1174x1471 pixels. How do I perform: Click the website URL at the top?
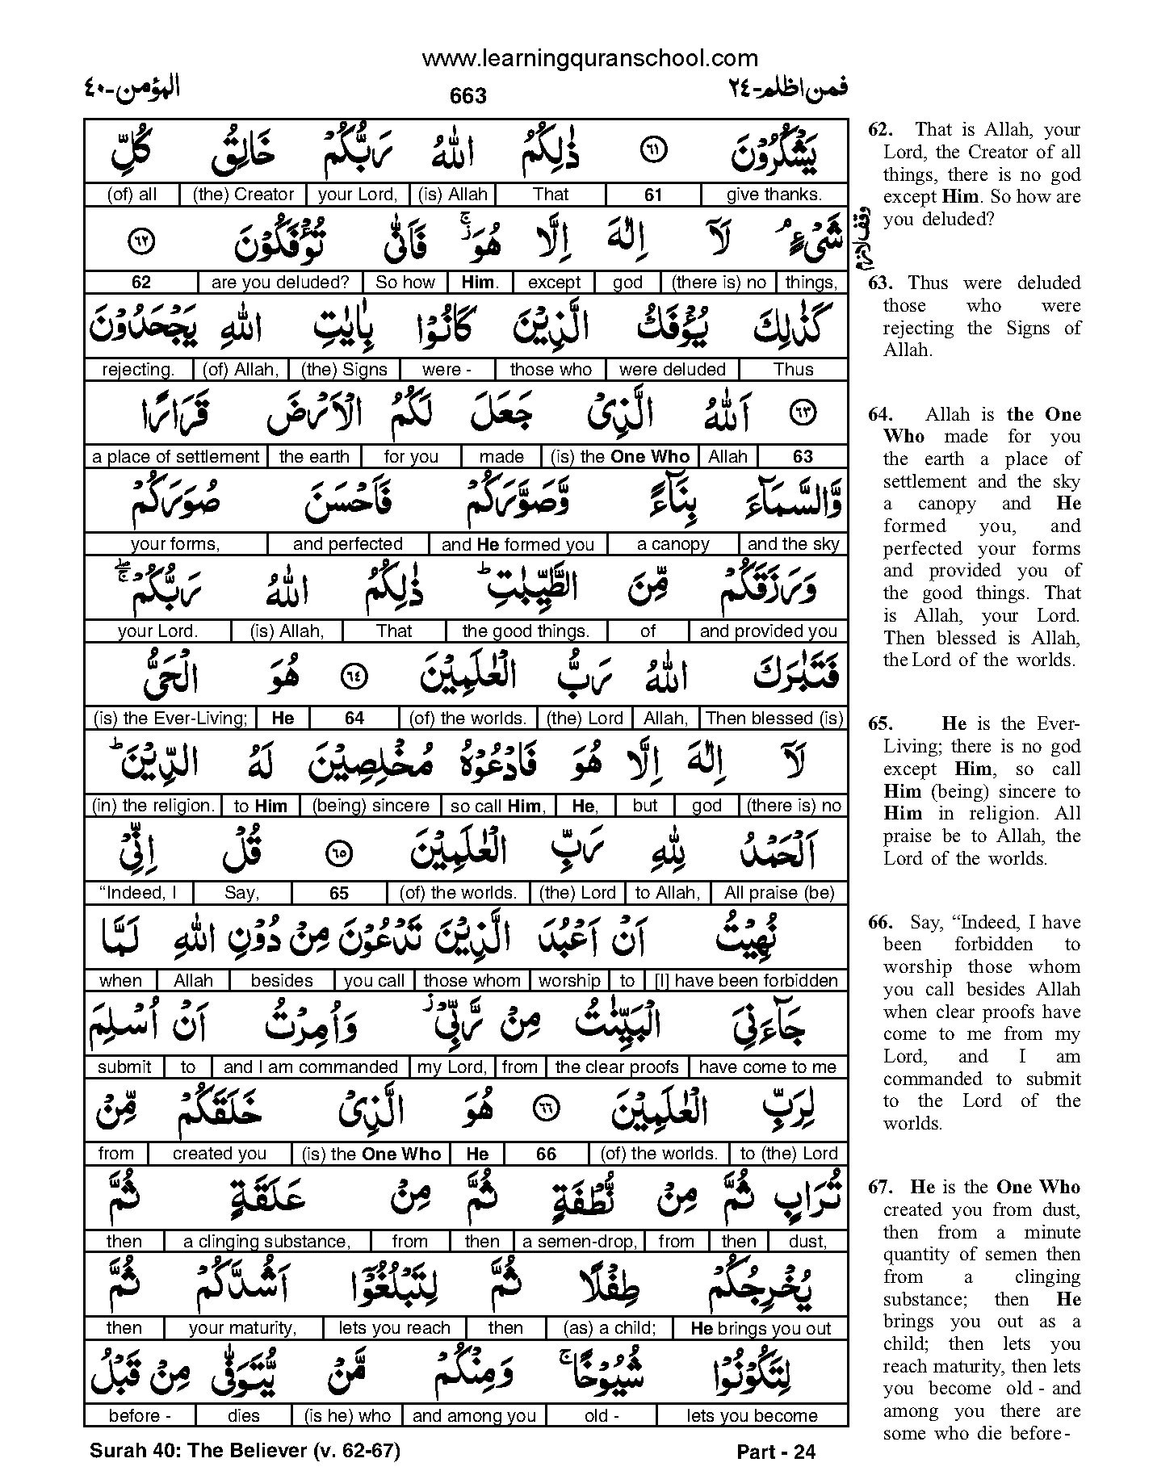[x=589, y=58]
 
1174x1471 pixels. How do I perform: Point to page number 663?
[x=468, y=96]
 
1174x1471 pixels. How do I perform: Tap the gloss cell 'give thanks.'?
[x=774, y=195]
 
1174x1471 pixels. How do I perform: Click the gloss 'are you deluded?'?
[x=279, y=283]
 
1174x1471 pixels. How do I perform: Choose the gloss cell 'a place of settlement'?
[x=175, y=457]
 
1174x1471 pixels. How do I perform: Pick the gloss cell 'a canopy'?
[x=673, y=544]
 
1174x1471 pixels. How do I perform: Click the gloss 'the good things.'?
[x=526, y=631]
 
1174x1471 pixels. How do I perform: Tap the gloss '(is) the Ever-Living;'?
[x=170, y=719]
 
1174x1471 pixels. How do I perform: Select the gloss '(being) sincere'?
[x=371, y=806]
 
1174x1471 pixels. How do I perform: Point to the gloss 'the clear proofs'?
[x=617, y=1067]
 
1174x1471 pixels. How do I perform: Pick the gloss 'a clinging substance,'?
[x=266, y=1242]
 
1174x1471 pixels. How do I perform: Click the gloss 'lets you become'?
[x=752, y=1415]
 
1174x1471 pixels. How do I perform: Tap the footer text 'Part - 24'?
[x=776, y=1452]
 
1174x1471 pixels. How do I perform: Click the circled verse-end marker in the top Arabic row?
[x=653, y=151]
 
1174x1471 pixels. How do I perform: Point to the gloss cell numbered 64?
[x=354, y=719]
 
